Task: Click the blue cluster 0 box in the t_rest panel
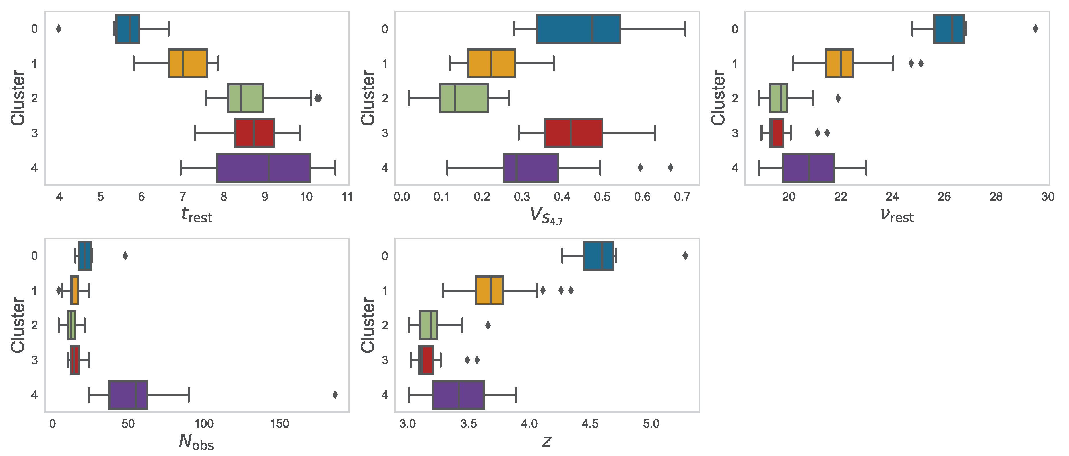coord(127,29)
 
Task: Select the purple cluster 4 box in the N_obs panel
coord(128,395)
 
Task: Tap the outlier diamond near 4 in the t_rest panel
coord(59,29)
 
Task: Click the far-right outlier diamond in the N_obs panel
coord(335,395)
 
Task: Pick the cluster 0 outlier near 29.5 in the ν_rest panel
coord(1035,29)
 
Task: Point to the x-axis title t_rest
coord(196,215)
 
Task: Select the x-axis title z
coord(546,441)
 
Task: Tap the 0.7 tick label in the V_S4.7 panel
coord(682,197)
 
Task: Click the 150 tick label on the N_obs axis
coord(279,424)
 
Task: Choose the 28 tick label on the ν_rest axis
coord(996,197)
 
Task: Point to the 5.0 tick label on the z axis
coord(651,424)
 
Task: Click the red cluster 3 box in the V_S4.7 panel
coord(573,133)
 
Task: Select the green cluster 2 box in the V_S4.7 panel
coord(463,98)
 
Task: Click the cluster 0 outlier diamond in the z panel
coord(685,256)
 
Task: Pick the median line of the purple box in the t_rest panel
coord(269,168)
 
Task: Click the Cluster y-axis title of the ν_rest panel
coord(718,98)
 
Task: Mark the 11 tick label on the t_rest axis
coord(347,197)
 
